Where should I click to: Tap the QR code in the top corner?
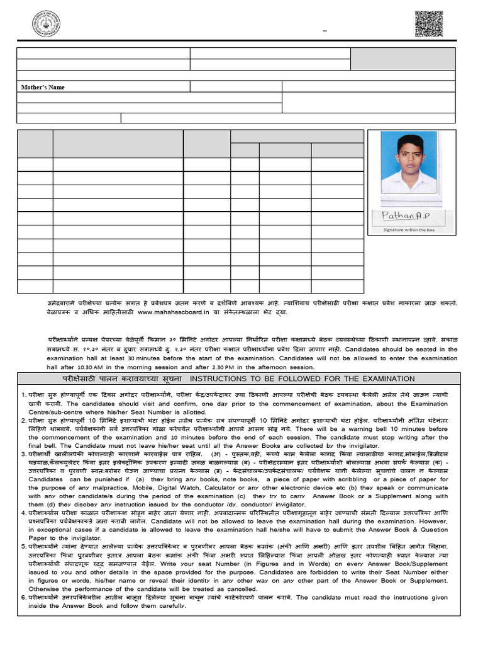click(429, 24)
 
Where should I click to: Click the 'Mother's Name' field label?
click(43, 87)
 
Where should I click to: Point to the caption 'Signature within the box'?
click(409, 231)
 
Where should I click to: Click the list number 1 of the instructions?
click(23, 395)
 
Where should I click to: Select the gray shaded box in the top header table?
click(402, 59)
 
